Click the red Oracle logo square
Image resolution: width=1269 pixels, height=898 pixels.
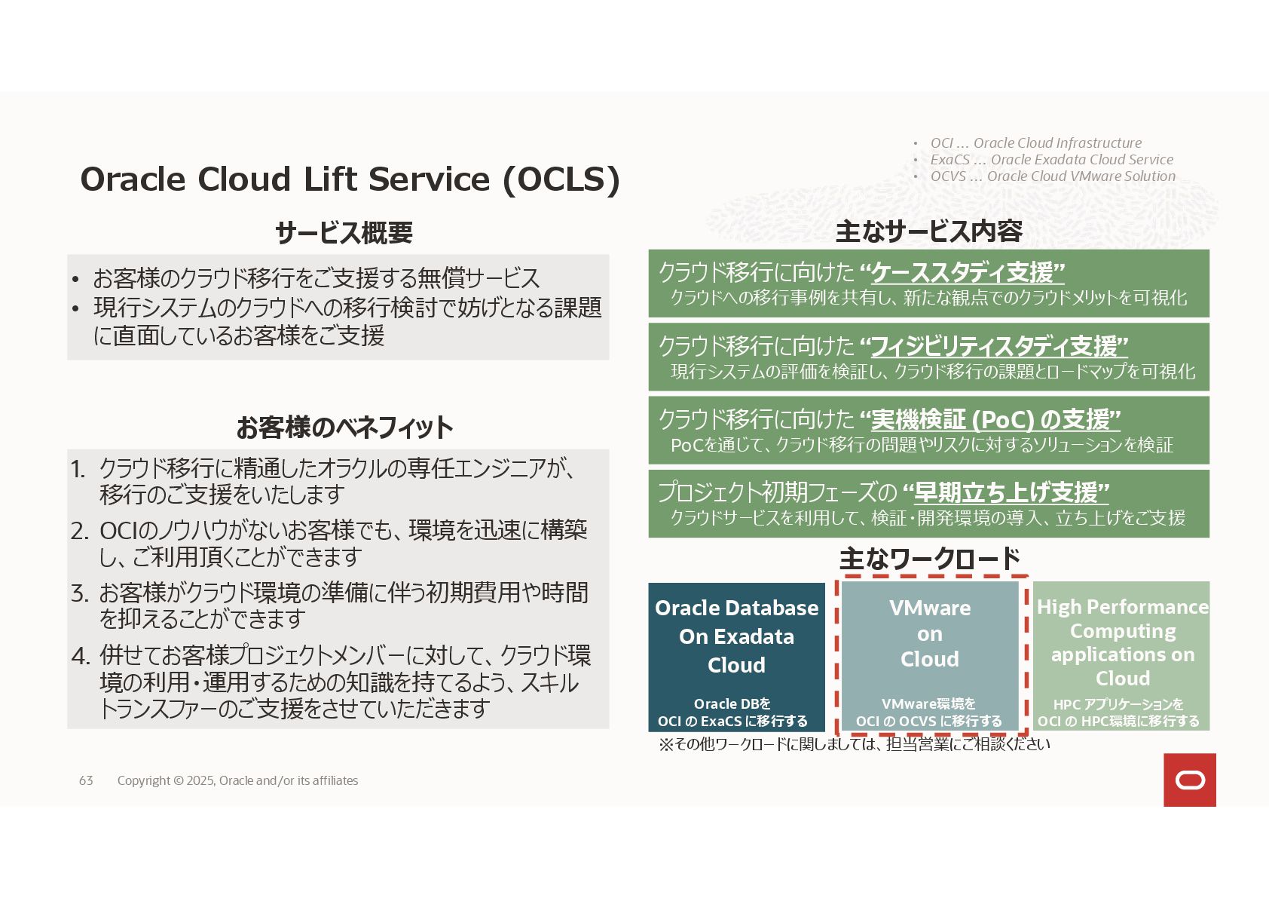pos(1189,780)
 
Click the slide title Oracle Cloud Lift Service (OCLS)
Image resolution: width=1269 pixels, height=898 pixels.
pos(350,179)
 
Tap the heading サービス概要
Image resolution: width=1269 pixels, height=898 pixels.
pos(344,232)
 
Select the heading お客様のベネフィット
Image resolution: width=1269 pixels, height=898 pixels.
pos(344,428)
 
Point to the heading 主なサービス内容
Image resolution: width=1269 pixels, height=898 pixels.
pos(928,231)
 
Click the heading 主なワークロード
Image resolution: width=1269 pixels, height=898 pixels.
pos(929,559)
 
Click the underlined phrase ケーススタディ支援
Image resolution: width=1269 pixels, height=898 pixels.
pos(968,271)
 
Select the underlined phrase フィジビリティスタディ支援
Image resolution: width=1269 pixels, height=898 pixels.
pos(998,345)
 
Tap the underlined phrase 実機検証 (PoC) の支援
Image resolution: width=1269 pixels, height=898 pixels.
pos(995,418)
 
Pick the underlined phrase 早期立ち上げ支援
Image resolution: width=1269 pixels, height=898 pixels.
pos(1011,492)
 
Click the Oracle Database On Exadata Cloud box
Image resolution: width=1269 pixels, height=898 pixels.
pos(736,656)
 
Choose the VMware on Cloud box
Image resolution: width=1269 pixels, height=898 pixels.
pos(930,656)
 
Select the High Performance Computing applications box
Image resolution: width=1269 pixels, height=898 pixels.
pos(1121,656)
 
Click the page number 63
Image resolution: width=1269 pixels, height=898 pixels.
pos(86,780)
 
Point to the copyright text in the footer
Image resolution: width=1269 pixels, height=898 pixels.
pos(237,780)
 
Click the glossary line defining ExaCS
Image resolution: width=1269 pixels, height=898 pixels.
pos(1051,160)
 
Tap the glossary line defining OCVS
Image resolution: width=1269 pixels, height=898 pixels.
pos(1052,176)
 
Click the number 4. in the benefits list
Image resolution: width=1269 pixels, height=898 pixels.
pos(81,656)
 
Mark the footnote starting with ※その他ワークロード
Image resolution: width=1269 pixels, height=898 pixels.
pos(854,744)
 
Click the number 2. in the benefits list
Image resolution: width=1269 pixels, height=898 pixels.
pos(80,531)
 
